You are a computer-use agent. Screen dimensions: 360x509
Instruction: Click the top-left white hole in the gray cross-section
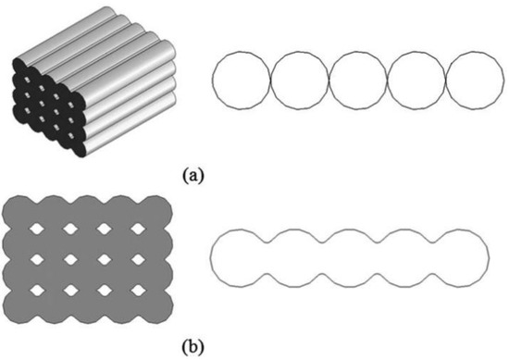39,228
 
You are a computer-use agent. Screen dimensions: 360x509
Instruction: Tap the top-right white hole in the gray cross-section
136,228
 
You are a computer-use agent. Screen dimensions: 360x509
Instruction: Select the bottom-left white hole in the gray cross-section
39,292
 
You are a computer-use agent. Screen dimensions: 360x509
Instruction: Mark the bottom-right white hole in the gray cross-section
136,292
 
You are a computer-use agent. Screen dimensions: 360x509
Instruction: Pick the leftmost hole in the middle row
39,260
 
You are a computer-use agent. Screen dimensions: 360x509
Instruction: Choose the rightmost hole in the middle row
136,260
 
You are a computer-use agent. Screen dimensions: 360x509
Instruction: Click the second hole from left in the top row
71,228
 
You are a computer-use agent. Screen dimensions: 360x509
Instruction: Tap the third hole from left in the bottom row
104,292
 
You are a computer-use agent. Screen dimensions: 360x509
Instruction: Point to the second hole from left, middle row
71,260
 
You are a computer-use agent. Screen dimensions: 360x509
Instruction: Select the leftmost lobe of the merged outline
239,255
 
